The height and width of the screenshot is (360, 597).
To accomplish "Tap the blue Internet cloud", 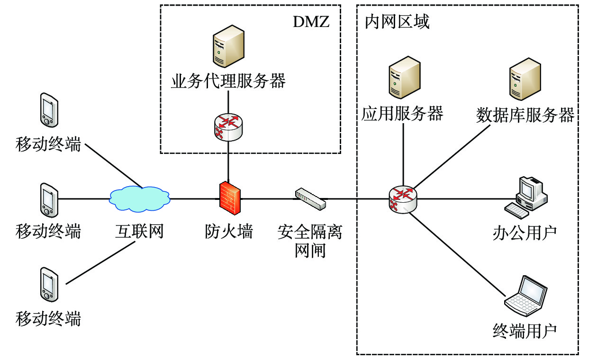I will point(139,198).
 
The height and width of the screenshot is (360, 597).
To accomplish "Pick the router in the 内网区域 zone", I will point(403,199).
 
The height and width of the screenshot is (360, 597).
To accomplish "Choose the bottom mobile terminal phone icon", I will point(48,284).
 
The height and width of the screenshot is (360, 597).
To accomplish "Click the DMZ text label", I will point(311,22).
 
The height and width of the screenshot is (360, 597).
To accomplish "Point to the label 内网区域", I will point(397,22).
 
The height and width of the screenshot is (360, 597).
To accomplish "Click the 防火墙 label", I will point(229,232).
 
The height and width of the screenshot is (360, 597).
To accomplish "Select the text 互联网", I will point(139,232).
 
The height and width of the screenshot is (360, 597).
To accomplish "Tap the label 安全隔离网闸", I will point(310,241).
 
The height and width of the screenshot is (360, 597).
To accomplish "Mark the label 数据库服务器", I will point(525,115).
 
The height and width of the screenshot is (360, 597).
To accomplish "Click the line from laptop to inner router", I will point(457,253).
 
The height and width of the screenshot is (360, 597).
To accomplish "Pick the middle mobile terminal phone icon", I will point(48,198).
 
